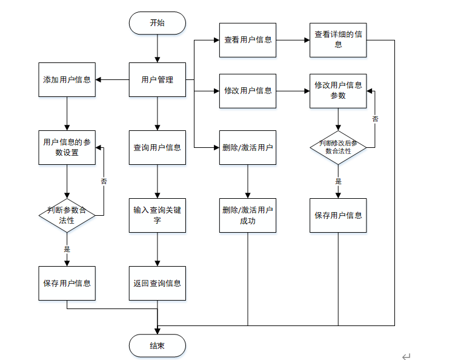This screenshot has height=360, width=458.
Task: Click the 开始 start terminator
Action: click(157, 23)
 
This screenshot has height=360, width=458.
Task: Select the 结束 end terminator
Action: click(157, 345)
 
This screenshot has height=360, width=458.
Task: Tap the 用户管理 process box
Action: click(157, 79)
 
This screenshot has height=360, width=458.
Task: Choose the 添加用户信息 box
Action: click(67, 79)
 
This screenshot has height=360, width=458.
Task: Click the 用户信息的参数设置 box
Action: click(67, 147)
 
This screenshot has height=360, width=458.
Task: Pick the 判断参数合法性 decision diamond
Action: click(67, 215)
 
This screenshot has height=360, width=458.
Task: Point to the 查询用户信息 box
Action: click(157, 147)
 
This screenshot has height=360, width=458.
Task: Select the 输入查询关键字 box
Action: click(157, 215)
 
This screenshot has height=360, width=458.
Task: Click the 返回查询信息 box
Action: click(157, 283)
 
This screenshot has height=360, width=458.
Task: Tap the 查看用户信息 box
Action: click(248, 40)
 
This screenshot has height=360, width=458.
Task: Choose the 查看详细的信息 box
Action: click(338, 40)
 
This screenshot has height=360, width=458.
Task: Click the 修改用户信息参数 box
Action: click(338, 91)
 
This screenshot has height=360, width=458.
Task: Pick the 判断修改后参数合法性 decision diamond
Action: click(338, 147)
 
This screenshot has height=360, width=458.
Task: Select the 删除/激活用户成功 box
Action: click(248, 215)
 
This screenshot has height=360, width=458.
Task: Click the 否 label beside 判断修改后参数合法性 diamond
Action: click(375, 119)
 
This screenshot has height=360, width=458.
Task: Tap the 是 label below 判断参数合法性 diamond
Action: click(67, 249)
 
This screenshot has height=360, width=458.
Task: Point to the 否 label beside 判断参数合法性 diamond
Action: click(104, 181)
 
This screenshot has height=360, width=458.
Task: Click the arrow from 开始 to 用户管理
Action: click(157, 48)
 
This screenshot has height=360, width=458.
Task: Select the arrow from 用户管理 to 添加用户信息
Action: click(112, 79)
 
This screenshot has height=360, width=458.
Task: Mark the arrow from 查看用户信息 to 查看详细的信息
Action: click(293, 40)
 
